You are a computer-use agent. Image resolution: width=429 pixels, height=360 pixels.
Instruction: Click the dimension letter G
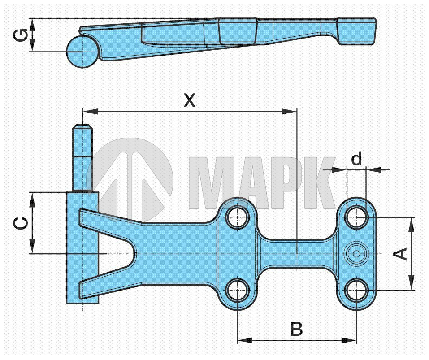pyautogui.click(x=21, y=35)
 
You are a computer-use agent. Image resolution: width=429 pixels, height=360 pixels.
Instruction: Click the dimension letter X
pyautogui.click(x=189, y=100)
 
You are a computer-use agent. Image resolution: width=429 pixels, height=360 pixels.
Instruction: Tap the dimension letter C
pyautogui.click(x=21, y=223)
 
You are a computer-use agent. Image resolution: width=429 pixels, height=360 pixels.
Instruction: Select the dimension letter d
pyautogui.click(x=356, y=158)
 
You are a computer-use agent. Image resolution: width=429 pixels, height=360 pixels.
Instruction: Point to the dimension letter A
pyautogui.click(x=400, y=254)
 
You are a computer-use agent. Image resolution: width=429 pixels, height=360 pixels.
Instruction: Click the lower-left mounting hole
pyautogui.click(x=238, y=290)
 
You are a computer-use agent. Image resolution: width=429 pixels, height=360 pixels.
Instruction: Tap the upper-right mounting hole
pyautogui.click(x=356, y=217)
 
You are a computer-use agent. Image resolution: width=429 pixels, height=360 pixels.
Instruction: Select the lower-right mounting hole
pyautogui.click(x=356, y=290)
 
